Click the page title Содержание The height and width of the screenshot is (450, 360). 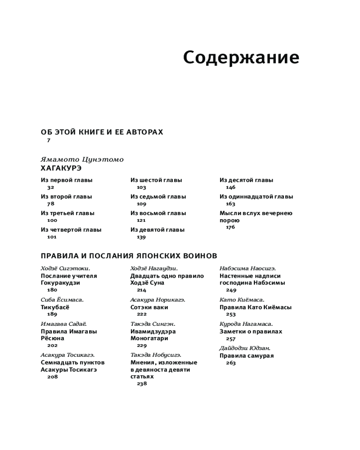[241, 58]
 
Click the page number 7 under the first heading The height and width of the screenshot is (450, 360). [49, 140]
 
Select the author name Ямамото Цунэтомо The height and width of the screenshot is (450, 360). [82, 160]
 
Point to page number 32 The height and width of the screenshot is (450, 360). [50, 187]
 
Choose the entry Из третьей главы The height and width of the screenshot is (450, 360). [67, 213]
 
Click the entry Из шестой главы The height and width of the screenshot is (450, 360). [156, 180]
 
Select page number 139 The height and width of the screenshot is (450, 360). [141, 237]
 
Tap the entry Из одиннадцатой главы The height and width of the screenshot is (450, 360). [256, 197]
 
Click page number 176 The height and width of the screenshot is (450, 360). [230, 227]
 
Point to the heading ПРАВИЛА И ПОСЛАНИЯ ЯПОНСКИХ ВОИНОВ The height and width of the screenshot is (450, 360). [129, 256]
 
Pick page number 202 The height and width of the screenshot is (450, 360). [52, 346]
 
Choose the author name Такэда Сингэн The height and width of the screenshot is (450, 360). [153, 324]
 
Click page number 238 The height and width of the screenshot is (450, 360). [142, 384]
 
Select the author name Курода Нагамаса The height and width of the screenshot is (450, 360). [246, 324]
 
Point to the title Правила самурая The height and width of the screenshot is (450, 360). [246, 356]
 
